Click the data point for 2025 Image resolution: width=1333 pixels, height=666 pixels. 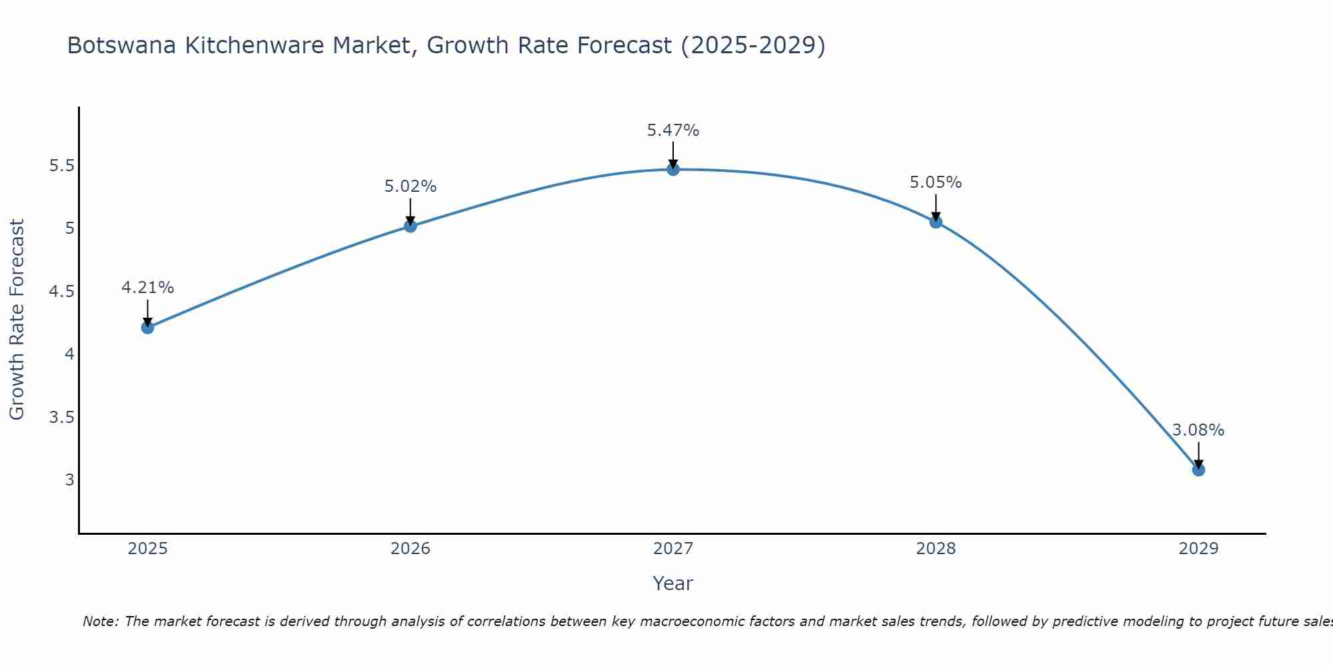point(148,327)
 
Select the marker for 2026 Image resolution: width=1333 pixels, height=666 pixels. point(411,226)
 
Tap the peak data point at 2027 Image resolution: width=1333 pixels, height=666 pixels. point(673,169)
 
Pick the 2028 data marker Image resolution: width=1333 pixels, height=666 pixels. point(936,222)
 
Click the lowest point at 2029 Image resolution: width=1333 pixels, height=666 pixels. point(1198,470)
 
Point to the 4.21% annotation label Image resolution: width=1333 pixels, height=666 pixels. point(148,288)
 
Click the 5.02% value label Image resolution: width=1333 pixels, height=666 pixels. point(411,186)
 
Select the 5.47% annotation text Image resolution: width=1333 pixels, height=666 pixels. point(673,131)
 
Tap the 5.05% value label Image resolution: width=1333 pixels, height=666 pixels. point(936,182)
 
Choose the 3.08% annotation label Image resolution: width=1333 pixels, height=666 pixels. point(1198,430)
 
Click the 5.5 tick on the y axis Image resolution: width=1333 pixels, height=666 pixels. point(61,166)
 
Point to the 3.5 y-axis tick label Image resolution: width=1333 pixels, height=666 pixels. point(61,418)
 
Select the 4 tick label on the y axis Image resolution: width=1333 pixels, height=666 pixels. point(69,354)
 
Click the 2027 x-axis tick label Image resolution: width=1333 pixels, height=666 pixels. point(673,549)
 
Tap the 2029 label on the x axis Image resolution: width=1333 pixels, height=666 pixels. point(1198,549)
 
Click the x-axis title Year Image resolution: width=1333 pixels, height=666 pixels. point(673,583)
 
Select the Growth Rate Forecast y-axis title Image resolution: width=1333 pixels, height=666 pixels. point(17,320)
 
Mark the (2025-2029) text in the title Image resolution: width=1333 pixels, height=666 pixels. point(753,45)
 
